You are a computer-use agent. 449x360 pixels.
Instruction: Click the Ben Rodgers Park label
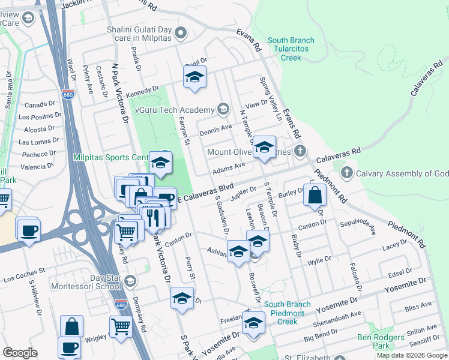coord(381,341)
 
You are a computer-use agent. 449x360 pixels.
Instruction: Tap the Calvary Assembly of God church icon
coord(346,173)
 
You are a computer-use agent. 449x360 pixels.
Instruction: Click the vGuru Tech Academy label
coord(174,110)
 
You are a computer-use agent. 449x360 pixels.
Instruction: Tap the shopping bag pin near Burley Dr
coord(315,196)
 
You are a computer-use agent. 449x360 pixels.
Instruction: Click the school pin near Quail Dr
coord(194,77)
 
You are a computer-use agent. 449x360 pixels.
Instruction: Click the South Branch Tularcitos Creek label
coord(291,49)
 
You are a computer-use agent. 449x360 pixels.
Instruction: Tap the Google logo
coord(20,353)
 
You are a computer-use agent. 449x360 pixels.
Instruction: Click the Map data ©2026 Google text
coord(411,355)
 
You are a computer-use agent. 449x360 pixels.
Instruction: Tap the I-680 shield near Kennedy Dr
coord(67,94)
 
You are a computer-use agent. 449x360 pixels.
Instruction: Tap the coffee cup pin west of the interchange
coord(28,230)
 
